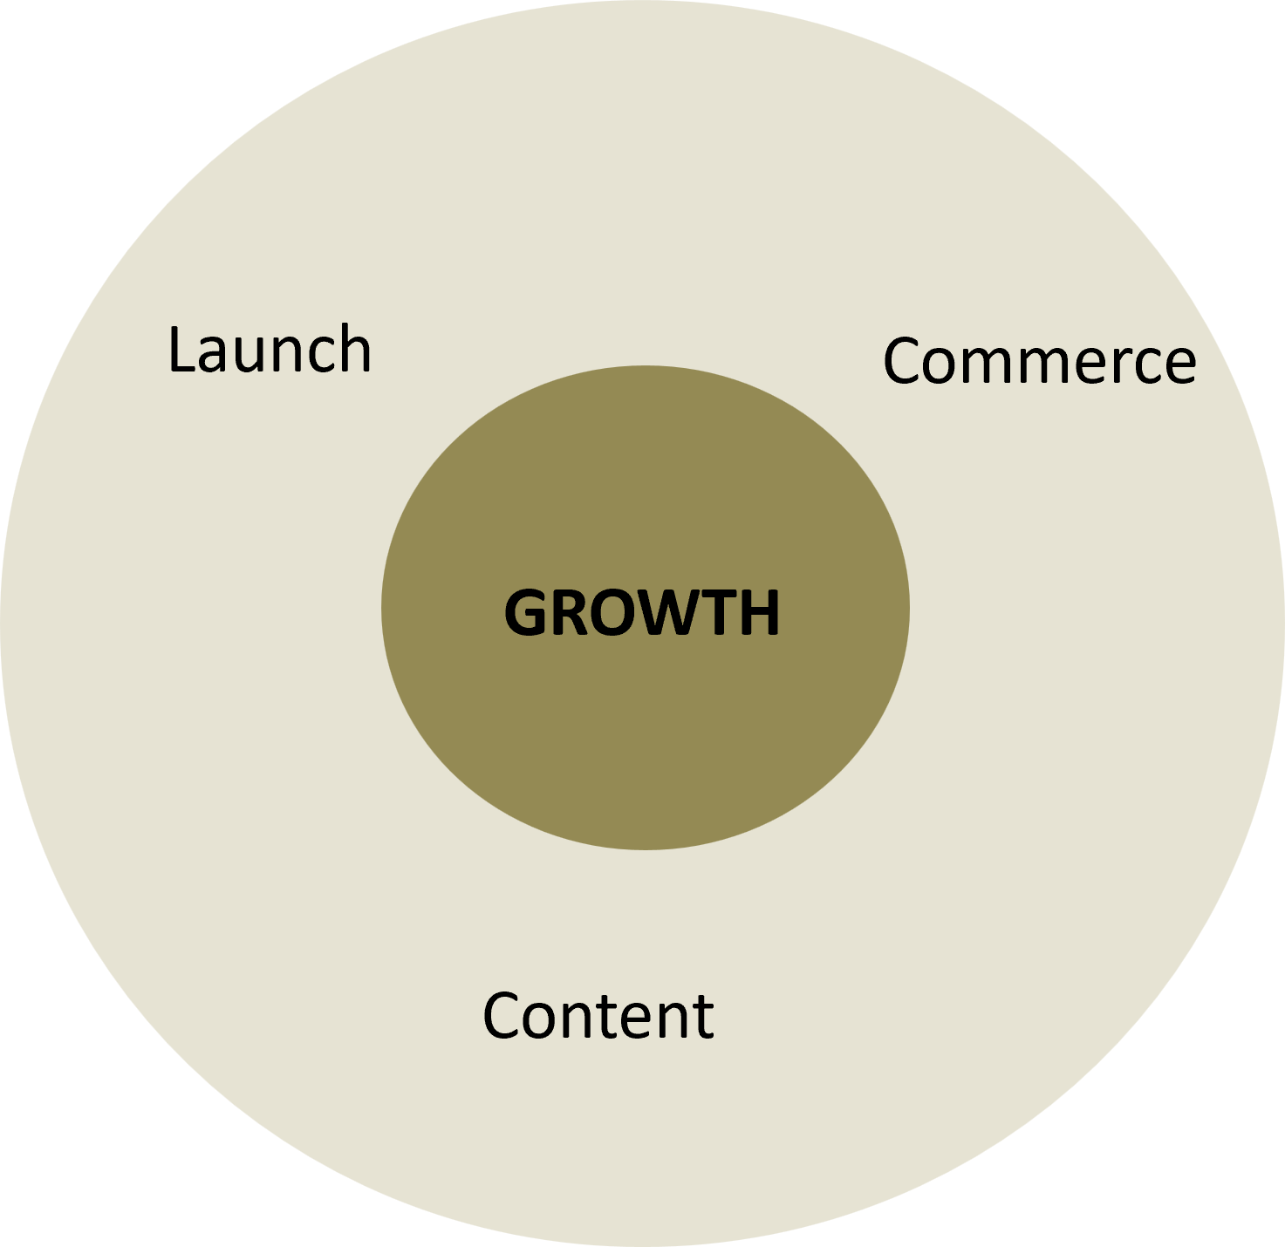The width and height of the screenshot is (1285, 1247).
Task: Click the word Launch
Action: coord(270,349)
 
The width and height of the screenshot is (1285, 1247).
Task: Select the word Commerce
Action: coord(1039,360)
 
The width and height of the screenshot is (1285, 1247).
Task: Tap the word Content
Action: coord(598,1015)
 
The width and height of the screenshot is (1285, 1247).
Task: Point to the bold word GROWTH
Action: coord(642,612)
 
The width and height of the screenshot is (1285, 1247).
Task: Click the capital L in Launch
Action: coord(183,349)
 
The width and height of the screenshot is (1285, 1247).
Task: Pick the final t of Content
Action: coord(702,1017)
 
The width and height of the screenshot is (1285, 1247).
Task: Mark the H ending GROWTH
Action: coord(758,612)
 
